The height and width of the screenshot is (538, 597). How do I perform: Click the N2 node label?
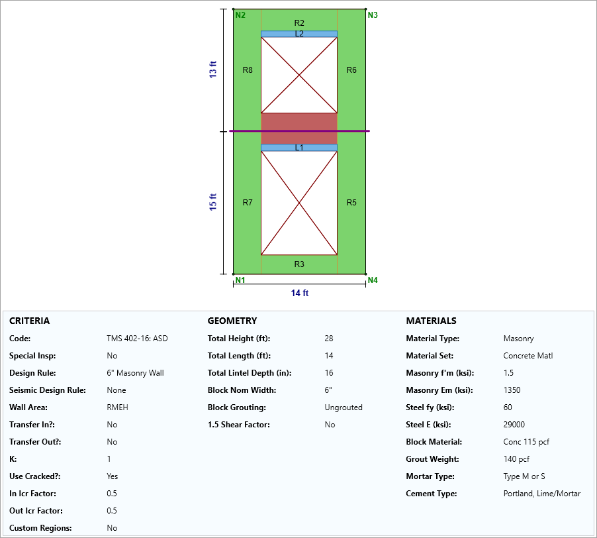click(240, 15)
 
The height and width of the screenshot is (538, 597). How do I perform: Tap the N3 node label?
click(373, 15)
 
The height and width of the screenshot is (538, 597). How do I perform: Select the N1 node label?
click(240, 280)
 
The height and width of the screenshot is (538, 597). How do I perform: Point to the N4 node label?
click(373, 280)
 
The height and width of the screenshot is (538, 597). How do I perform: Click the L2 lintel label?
click(299, 34)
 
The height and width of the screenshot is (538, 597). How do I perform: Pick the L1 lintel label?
click(299, 148)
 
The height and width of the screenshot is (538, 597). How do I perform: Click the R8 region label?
click(248, 70)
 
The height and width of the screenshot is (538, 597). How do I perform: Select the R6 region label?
click(351, 70)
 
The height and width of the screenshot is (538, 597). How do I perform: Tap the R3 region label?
click(299, 264)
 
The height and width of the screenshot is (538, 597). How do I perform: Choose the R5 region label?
click(351, 203)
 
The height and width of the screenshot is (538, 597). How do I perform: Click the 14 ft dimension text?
click(300, 293)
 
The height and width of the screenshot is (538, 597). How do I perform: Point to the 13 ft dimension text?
click(213, 70)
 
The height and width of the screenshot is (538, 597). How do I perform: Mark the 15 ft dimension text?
click(213, 202)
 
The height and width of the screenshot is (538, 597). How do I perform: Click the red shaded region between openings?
click(299, 123)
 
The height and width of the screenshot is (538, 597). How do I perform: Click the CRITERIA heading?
click(29, 321)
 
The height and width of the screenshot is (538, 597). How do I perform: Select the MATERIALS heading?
click(431, 321)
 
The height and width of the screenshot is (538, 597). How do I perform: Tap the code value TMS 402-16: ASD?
click(137, 339)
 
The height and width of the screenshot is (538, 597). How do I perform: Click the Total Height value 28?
click(329, 339)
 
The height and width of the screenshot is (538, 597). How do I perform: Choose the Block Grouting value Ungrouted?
click(344, 407)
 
